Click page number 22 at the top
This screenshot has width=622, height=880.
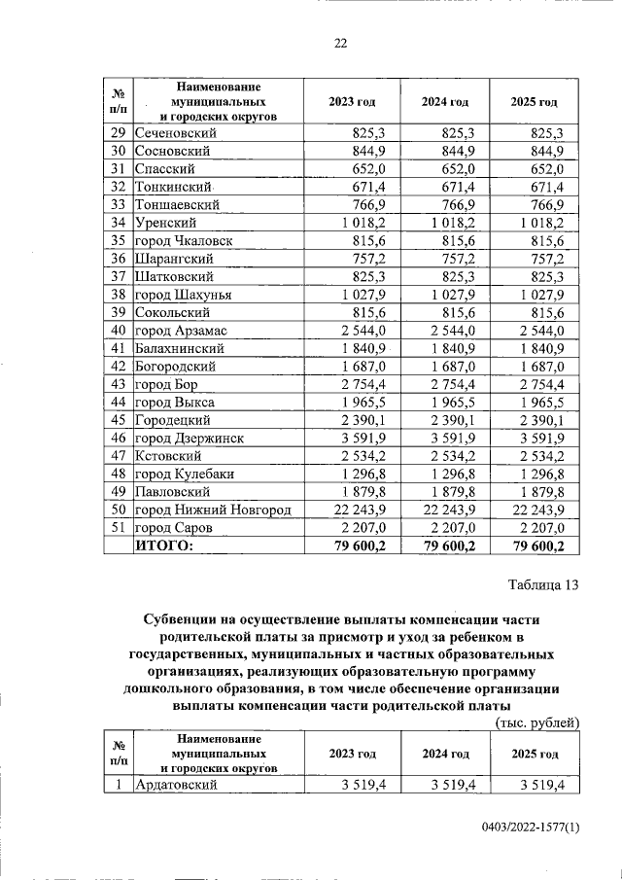[340, 43]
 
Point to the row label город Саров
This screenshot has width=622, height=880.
[173, 527]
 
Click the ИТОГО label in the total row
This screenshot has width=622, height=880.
[163, 546]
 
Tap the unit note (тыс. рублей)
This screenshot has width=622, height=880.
[536, 722]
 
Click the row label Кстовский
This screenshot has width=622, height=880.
[168, 455]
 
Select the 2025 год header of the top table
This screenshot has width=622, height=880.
[535, 101]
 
